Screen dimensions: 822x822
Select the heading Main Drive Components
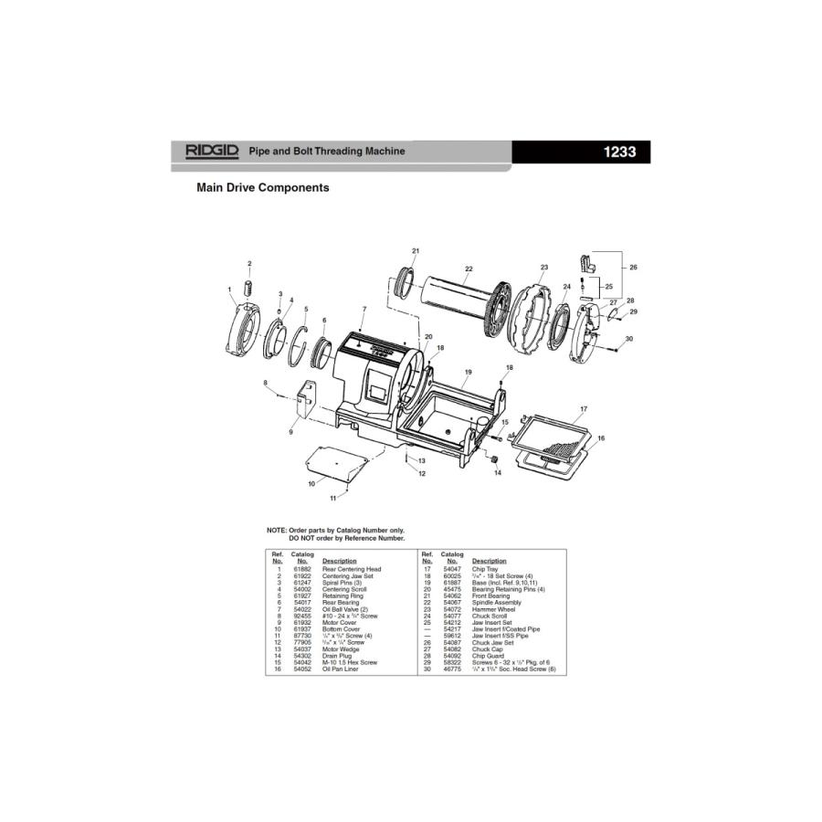[x=263, y=187]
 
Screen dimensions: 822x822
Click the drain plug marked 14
[x=498, y=458]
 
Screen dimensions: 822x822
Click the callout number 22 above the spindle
[x=469, y=269]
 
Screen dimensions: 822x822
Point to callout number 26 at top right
[x=632, y=268]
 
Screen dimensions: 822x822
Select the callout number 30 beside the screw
[x=629, y=339]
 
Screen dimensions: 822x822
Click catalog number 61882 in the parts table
[x=301, y=568]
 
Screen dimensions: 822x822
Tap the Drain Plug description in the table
[x=338, y=656]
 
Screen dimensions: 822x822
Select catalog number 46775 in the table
[x=451, y=669]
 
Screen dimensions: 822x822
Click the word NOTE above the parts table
[x=276, y=531]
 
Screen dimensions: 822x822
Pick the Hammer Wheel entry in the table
[x=493, y=609]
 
